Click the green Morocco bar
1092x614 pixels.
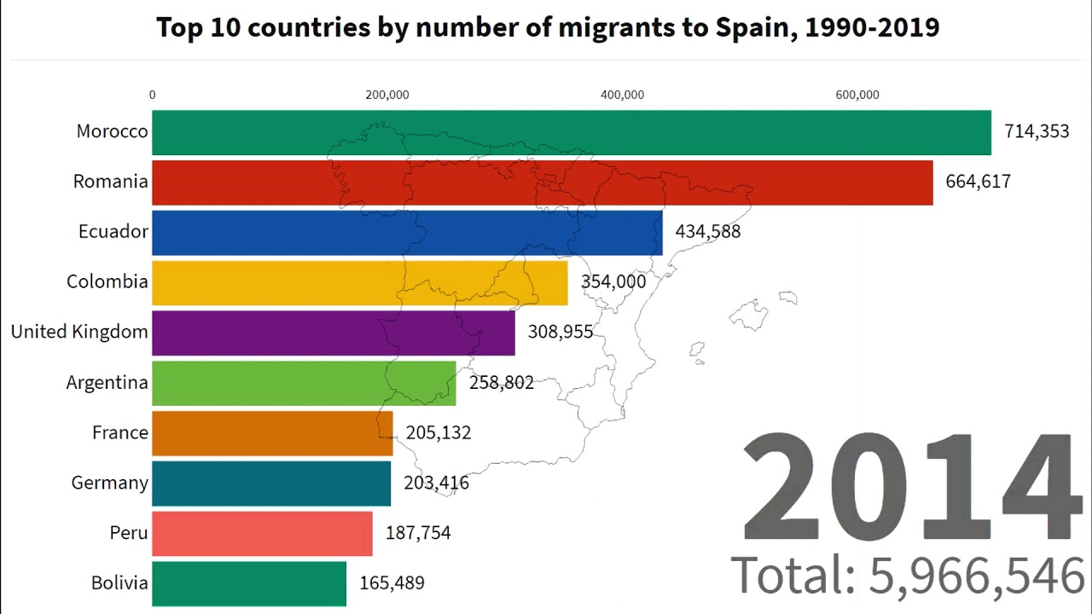click(x=572, y=132)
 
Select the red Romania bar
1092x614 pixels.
click(x=542, y=182)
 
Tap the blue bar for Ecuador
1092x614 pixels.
click(x=407, y=232)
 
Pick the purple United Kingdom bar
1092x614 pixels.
click(x=333, y=332)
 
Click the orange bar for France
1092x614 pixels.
click(x=272, y=432)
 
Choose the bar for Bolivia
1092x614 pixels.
click(x=249, y=583)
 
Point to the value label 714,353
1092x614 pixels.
click(x=1036, y=131)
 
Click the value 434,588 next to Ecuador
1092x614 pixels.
click(x=707, y=231)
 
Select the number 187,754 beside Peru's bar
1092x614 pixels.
click(x=418, y=533)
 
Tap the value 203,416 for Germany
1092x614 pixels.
click(x=436, y=484)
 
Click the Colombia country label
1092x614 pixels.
click(x=107, y=281)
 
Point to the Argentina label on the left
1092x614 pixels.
click(x=107, y=382)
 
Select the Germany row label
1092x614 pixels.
click(x=110, y=483)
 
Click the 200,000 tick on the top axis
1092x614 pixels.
click(x=387, y=95)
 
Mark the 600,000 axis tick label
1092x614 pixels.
click(x=857, y=95)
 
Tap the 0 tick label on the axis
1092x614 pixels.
click(x=153, y=95)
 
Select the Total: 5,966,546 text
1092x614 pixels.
click(x=908, y=576)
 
